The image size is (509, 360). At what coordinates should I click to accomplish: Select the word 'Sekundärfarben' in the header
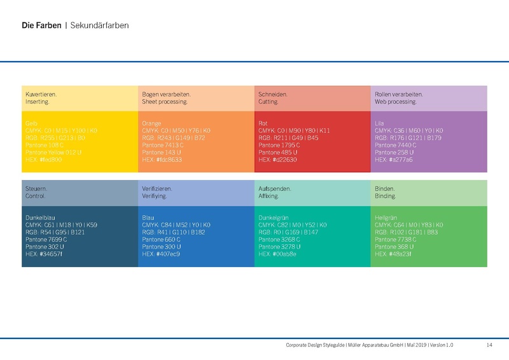click(x=100, y=26)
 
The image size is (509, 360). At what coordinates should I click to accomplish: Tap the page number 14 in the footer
click(x=489, y=345)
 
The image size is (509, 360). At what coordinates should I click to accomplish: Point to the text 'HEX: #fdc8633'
click(x=162, y=160)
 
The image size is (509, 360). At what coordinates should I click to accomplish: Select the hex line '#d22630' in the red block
click(x=277, y=160)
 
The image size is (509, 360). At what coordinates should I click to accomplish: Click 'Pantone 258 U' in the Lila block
click(x=394, y=153)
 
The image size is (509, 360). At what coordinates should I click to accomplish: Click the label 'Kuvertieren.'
click(x=41, y=94)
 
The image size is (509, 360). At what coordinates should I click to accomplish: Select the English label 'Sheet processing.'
click(x=165, y=102)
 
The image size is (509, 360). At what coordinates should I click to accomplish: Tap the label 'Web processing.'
click(x=396, y=102)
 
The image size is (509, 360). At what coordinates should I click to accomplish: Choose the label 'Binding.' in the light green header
click(x=386, y=197)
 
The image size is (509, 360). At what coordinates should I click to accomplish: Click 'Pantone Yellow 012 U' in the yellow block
click(x=55, y=153)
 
